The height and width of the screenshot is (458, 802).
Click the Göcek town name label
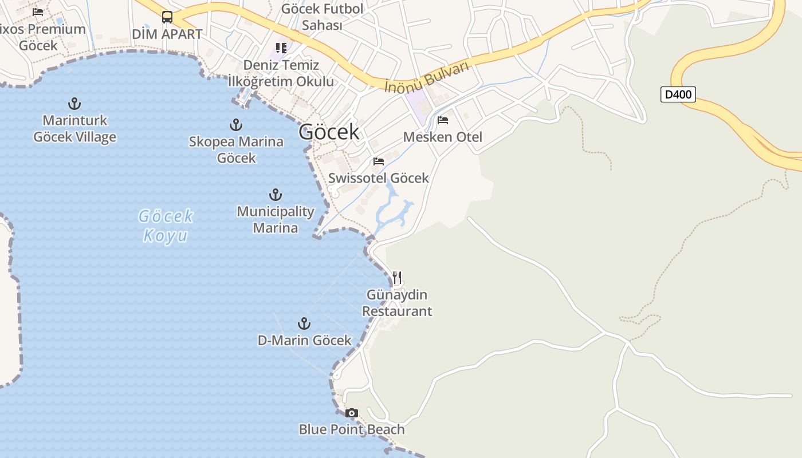[329, 132]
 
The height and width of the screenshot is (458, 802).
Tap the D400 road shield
[678, 94]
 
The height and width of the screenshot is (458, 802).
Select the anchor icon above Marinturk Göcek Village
[74, 104]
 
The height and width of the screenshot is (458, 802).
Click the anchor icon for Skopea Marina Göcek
[235, 124]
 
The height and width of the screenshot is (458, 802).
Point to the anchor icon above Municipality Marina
[276, 195]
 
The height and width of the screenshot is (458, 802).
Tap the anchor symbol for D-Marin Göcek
[304, 323]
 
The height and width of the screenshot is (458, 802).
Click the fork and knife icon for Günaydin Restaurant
[397, 278]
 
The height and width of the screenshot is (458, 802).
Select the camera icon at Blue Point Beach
[352, 413]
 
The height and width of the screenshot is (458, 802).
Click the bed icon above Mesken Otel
[443, 120]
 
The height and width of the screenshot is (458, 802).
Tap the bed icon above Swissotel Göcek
[379, 161]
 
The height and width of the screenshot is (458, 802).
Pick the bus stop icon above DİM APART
[167, 17]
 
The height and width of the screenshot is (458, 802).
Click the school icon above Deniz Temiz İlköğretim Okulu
[281, 48]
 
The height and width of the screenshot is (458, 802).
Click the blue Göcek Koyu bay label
[166, 226]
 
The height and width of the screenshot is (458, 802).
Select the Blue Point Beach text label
[352, 429]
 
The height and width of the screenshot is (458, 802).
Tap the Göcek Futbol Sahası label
[323, 17]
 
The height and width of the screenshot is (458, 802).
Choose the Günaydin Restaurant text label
[397, 303]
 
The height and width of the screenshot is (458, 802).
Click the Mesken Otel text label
[443, 137]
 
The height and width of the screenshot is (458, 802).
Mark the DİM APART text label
[167, 34]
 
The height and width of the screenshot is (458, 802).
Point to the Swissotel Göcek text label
[379, 178]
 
